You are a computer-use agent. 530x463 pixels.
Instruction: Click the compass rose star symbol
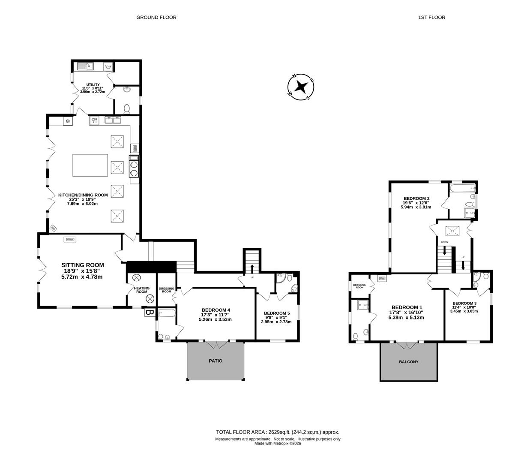point(301,87)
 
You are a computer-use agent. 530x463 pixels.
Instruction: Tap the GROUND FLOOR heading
point(156,17)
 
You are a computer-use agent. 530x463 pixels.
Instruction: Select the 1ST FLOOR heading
point(431,17)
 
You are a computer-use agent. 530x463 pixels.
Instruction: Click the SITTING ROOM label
point(83,265)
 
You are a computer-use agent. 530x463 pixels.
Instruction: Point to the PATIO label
point(216,361)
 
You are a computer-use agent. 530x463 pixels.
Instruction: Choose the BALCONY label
point(408,362)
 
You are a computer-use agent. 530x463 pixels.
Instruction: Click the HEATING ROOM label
point(142,290)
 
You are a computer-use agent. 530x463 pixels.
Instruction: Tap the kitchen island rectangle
point(90,165)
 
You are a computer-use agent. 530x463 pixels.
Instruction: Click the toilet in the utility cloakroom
point(127,109)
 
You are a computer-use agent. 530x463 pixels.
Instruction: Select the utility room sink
point(85,67)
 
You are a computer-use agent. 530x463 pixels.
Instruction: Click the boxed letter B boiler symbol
point(148,312)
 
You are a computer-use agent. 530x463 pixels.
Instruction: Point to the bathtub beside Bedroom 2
point(463,188)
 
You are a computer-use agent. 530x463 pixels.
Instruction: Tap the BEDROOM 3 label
point(464,303)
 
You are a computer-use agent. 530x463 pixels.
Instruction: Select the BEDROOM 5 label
point(277,313)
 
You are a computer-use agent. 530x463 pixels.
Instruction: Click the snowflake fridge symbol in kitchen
point(68,121)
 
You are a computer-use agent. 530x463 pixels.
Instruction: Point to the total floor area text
point(278,432)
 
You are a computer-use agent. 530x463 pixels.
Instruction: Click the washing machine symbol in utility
point(108,67)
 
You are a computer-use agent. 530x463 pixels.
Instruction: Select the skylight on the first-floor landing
point(452,231)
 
